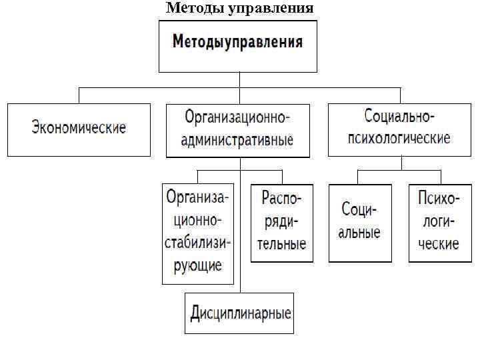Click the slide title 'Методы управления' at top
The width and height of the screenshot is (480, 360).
pyautogui.click(x=239, y=8)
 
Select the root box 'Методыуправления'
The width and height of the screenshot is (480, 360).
pyautogui.click(x=237, y=45)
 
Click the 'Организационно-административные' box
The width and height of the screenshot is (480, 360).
pyautogui.click(x=238, y=130)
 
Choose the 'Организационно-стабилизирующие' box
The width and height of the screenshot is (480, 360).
pyautogui.click(x=198, y=233)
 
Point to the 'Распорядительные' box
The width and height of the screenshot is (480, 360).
pyautogui.click(x=282, y=222)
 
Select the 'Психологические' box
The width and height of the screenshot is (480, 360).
pyautogui.click(x=439, y=222)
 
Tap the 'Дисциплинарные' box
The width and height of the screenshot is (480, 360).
pyautogui.click(x=241, y=313)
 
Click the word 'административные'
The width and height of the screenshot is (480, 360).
pyautogui.click(x=238, y=141)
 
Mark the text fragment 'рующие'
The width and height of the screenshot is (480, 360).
pyautogui.click(x=198, y=265)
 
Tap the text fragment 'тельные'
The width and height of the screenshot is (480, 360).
pyautogui.click(x=282, y=243)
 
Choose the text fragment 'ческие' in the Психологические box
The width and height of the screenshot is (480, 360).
pyautogui.click(x=439, y=243)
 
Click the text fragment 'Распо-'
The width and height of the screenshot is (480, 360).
pyautogui.click(x=282, y=199)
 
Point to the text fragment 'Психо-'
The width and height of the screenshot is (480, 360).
pyautogui.click(x=439, y=199)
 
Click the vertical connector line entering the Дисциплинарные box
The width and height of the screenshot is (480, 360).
pyautogui.click(x=241, y=288)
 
